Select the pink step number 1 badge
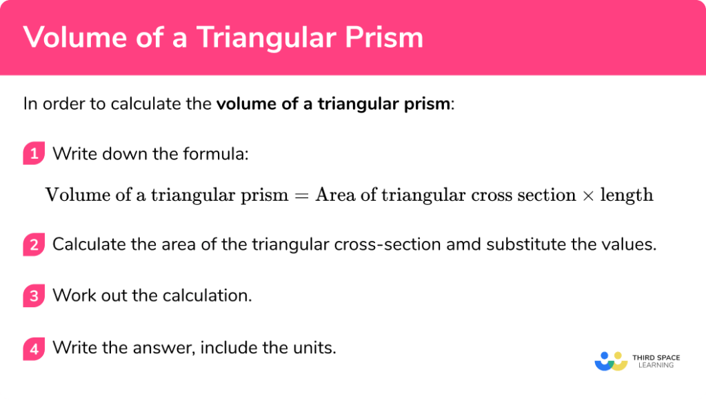[33, 154]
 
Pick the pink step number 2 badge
[33, 244]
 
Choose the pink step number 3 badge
[33, 296]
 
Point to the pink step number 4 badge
[33, 348]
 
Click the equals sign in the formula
[301, 195]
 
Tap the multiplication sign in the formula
[587, 195]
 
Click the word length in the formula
[626, 195]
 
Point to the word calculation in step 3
[206, 296]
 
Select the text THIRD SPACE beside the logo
[656, 358]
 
